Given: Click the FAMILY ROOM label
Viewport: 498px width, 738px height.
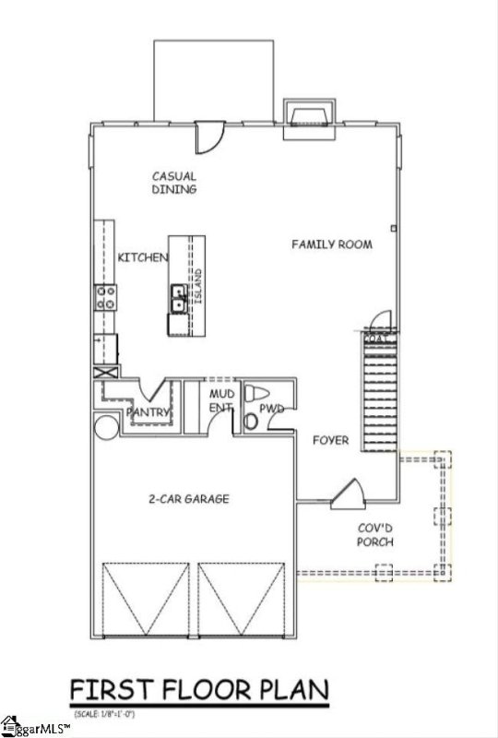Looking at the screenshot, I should tap(332, 244).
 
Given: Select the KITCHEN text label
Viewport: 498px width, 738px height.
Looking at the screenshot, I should tap(142, 257).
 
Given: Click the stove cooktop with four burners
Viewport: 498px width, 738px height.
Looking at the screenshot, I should tap(105, 297).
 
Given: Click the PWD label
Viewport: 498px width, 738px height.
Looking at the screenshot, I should tap(271, 406).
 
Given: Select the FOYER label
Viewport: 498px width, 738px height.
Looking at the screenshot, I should tap(330, 440).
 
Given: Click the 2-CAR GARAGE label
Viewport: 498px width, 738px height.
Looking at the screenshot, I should tap(189, 499).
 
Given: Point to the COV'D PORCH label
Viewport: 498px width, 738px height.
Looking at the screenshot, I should tap(375, 535).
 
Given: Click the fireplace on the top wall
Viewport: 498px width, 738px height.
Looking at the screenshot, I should tap(307, 115).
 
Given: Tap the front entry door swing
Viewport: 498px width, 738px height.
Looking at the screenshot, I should tap(348, 494).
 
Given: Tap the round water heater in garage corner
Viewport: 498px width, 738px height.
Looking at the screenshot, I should tap(103, 426).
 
